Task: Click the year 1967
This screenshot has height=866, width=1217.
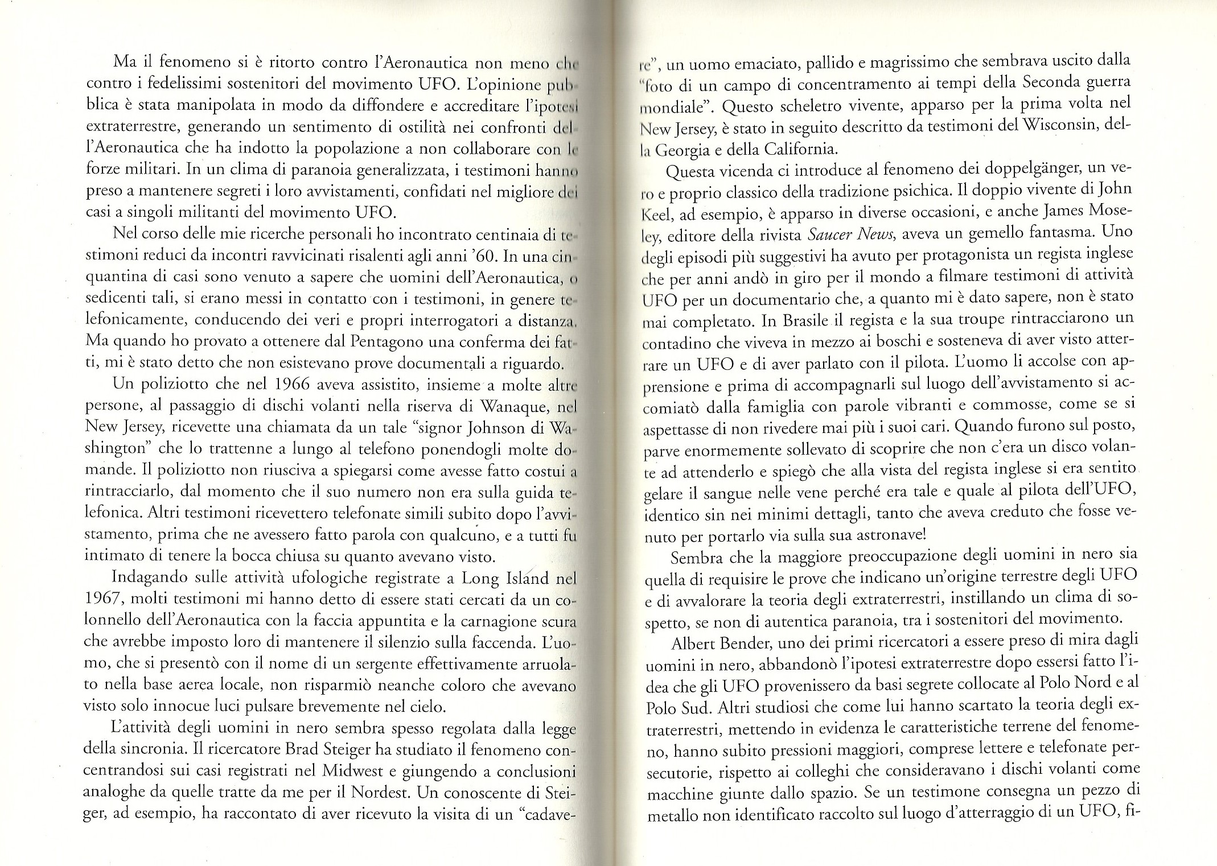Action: [x=104, y=599]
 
